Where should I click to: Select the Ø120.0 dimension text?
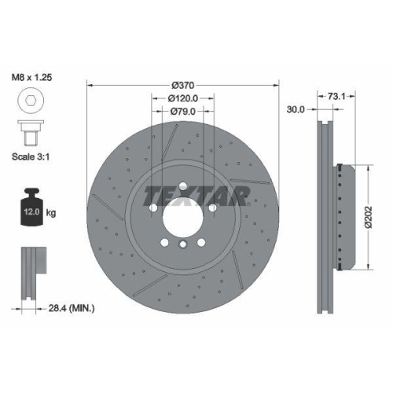[x=182, y=98]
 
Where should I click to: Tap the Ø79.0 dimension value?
[x=182, y=112]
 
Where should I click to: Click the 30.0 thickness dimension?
[x=296, y=109]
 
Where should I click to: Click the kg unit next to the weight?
[x=51, y=213]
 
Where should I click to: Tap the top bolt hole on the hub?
[x=182, y=186]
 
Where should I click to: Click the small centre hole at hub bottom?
[x=182, y=246]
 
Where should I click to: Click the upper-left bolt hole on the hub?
[x=154, y=207]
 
